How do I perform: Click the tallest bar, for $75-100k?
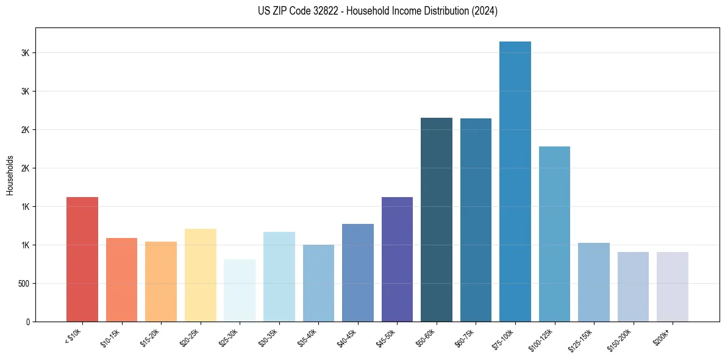(515, 181)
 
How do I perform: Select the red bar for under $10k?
(82, 259)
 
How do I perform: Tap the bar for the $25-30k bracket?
(240, 290)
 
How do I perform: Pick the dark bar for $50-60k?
(437, 220)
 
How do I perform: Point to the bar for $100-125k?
(554, 234)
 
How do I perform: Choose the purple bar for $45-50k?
(397, 259)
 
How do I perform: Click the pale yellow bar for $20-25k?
(200, 275)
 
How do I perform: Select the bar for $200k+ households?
(673, 287)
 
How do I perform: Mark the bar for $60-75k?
(476, 220)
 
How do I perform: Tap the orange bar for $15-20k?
(161, 281)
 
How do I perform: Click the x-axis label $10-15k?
(110, 336)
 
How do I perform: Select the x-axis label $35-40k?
(307, 336)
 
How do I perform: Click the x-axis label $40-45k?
(346, 336)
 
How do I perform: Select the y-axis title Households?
(10, 175)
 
